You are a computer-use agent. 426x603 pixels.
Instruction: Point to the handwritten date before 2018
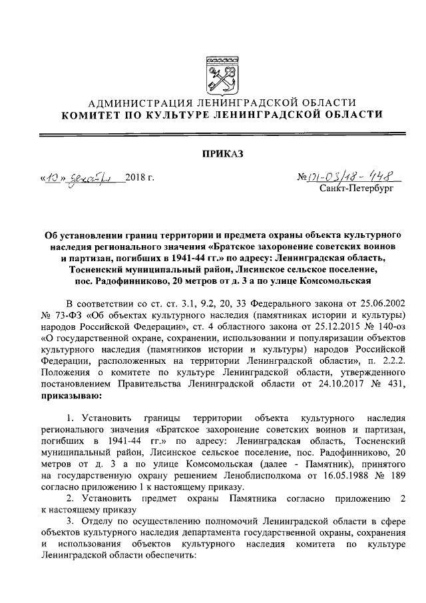pyautogui.click(x=81, y=178)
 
